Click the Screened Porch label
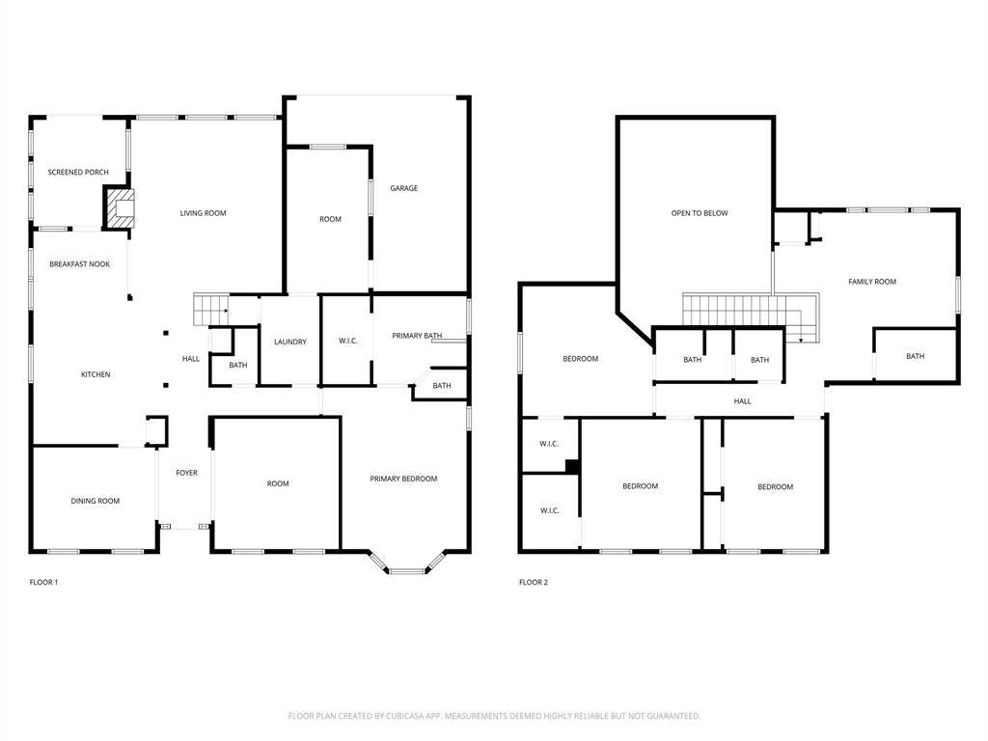[x=78, y=173]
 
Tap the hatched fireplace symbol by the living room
[x=121, y=207]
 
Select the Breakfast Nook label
[x=79, y=263]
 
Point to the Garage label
[x=404, y=188]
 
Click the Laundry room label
[x=290, y=342]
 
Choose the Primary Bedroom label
[x=403, y=479]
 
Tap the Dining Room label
[x=96, y=501]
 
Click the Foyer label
[x=186, y=473]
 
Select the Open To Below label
[x=700, y=213]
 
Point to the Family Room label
[x=872, y=282]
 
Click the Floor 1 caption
[x=44, y=582]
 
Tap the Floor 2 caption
[x=533, y=582]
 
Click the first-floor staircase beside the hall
[x=209, y=310]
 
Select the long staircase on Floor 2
[x=743, y=311]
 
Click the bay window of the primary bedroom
[x=405, y=565]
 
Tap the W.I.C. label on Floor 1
[x=348, y=341]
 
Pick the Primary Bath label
[x=417, y=336]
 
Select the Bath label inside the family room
[x=915, y=356]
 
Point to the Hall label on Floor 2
[x=742, y=401]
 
